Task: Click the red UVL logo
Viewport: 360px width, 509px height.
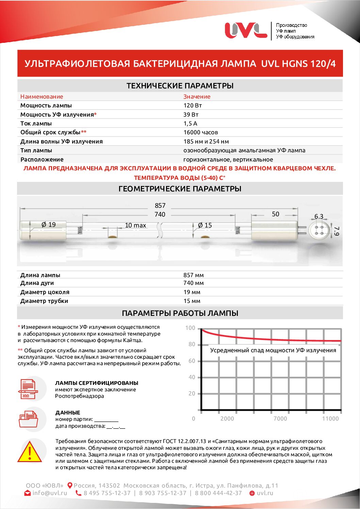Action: coord(246,30)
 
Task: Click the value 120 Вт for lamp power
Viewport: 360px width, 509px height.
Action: coord(193,105)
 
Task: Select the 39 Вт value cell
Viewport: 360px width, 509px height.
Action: coord(191,115)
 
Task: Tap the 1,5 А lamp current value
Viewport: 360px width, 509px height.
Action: coord(190,123)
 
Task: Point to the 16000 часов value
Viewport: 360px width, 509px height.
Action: coord(200,132)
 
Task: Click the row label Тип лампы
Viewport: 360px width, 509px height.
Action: coord(36,150)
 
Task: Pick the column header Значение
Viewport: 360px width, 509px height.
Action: coord(197,97)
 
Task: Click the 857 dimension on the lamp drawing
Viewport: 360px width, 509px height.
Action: coord(160,205)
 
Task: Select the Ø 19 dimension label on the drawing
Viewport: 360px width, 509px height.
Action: coord(48,224)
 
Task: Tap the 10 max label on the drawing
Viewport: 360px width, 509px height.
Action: coord(135,225)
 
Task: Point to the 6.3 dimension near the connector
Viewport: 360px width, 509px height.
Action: coord(319,216)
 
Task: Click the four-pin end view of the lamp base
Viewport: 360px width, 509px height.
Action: coord(319,230)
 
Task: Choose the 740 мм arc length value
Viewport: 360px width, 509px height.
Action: coord(193,283)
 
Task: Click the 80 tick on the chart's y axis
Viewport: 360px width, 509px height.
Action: coord(192,344)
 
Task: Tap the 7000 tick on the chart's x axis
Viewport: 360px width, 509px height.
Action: coord(280,419)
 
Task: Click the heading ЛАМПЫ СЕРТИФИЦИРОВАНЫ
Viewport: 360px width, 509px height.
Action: coord(97,383)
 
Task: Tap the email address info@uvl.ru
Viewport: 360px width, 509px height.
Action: coord(50,493)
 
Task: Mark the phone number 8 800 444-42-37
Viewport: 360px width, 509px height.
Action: coord(218,493)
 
